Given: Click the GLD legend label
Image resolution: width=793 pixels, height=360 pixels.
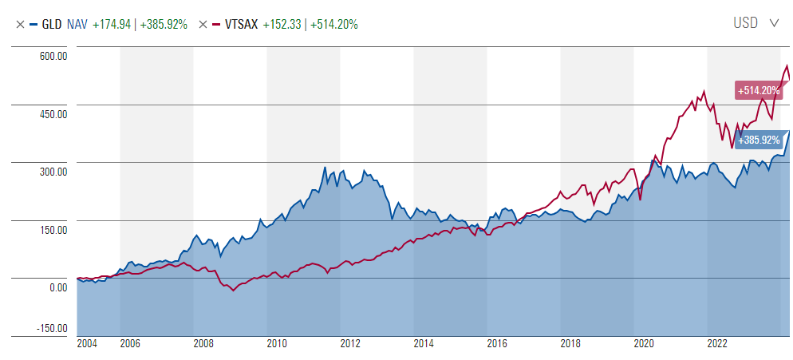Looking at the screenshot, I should coord(52,24).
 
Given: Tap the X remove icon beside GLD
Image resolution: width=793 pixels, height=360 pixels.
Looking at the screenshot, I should coord(20,24).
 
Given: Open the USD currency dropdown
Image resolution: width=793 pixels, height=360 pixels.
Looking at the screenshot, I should coord(756,23).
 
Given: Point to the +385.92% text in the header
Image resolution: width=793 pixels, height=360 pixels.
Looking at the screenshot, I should coord(164,24).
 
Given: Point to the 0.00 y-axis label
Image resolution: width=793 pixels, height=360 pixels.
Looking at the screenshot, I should coord(55,287).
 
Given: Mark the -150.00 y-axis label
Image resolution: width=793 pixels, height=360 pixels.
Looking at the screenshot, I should coord(49,329).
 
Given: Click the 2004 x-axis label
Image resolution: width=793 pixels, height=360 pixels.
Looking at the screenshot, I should coord(87,344).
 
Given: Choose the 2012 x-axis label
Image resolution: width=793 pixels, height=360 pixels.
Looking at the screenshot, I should coord(349,344).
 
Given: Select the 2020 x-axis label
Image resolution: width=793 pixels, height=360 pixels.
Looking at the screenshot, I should coord(643,344).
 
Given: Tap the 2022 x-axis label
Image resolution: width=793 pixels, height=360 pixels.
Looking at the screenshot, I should coord(716,344).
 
